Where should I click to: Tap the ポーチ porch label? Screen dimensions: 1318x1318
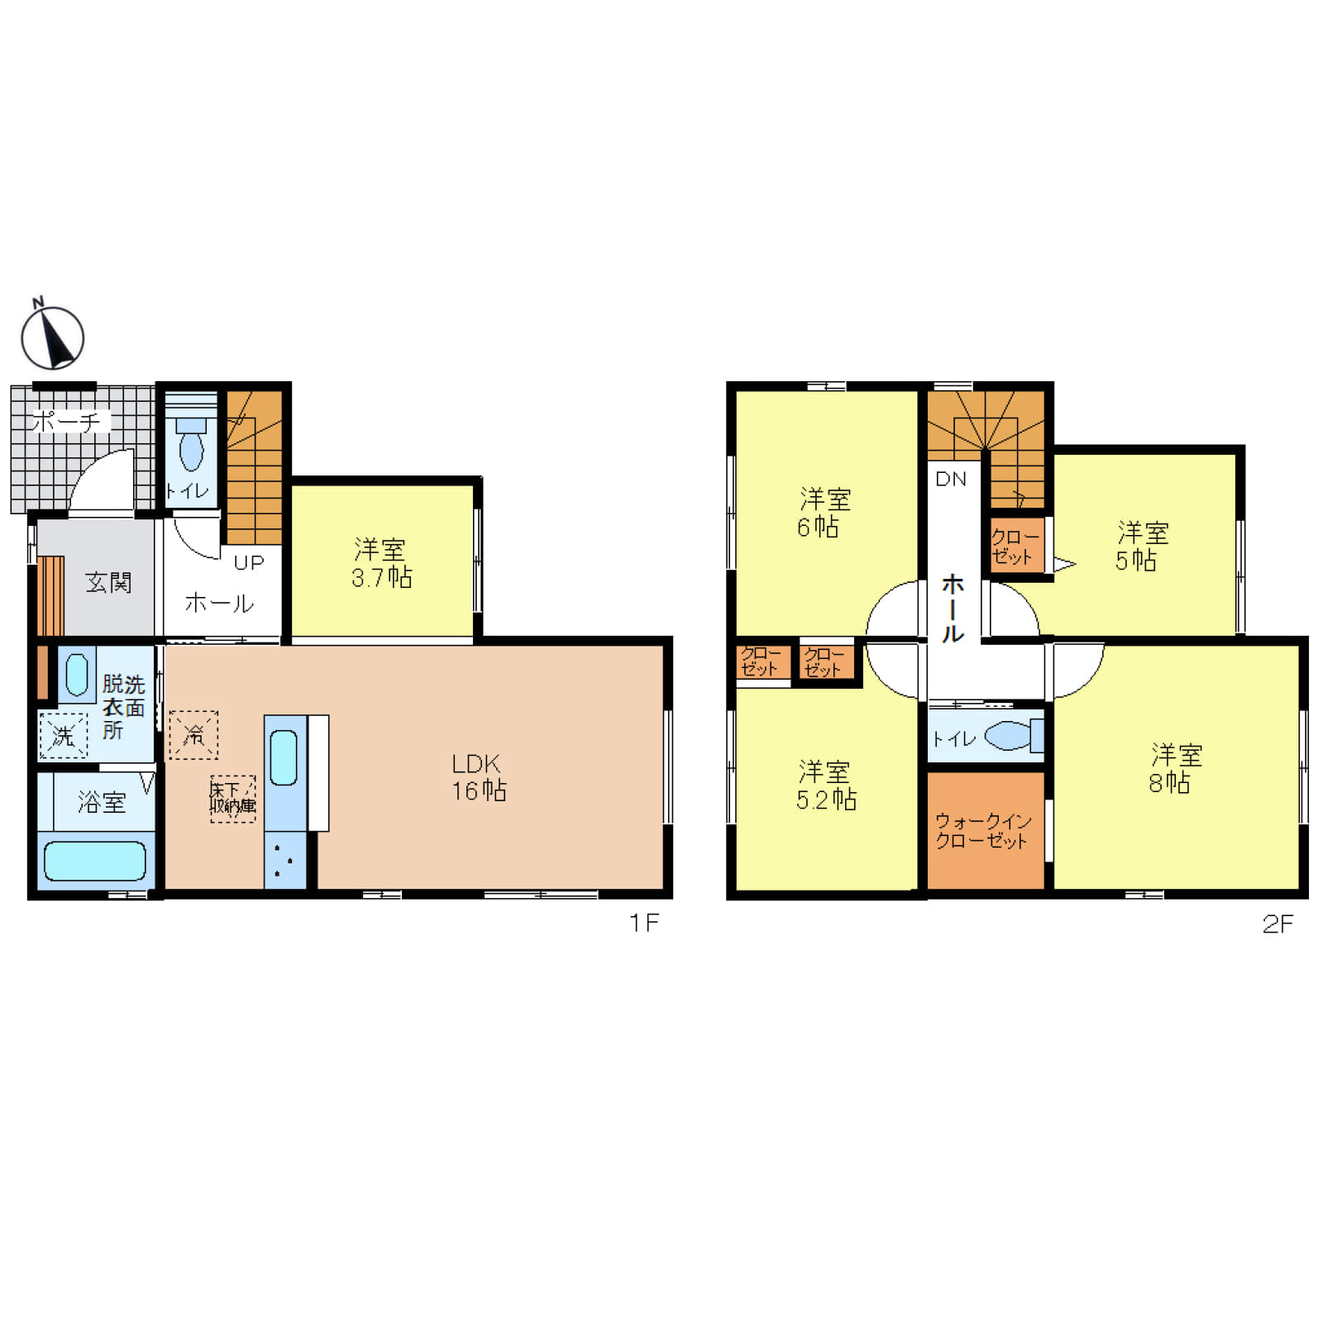pos(66,422)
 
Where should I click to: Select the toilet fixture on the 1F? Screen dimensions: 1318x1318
pos(191,444)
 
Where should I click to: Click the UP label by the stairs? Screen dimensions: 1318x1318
pos(249,562)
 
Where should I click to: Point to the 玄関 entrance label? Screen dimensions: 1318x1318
pos(108,582)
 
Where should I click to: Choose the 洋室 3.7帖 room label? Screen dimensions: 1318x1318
pos(381,563)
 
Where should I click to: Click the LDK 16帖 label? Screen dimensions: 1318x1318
pos(479,777)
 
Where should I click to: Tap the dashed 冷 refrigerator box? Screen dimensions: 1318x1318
pos(193,734)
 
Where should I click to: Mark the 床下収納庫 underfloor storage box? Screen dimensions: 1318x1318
pos(232,799)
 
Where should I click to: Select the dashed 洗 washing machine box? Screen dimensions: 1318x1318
pos(63,735)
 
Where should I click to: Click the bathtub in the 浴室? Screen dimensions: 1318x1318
pos(95,861)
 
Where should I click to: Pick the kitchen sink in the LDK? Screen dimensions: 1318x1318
pos(284,757)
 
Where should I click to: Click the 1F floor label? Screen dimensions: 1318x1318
pos(644,923)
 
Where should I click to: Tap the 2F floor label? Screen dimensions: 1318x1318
pos(1277,924)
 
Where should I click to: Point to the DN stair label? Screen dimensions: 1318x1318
pos(951,479)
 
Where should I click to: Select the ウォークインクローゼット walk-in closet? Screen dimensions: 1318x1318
pos(986,830)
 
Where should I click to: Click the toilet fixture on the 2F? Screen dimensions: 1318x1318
pos(1014,735)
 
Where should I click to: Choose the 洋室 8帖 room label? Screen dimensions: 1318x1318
pos(1174,768)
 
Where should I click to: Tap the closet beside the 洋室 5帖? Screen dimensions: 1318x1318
pos(1017,546)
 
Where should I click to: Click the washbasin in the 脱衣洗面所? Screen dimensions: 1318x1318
pos(77,675)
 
